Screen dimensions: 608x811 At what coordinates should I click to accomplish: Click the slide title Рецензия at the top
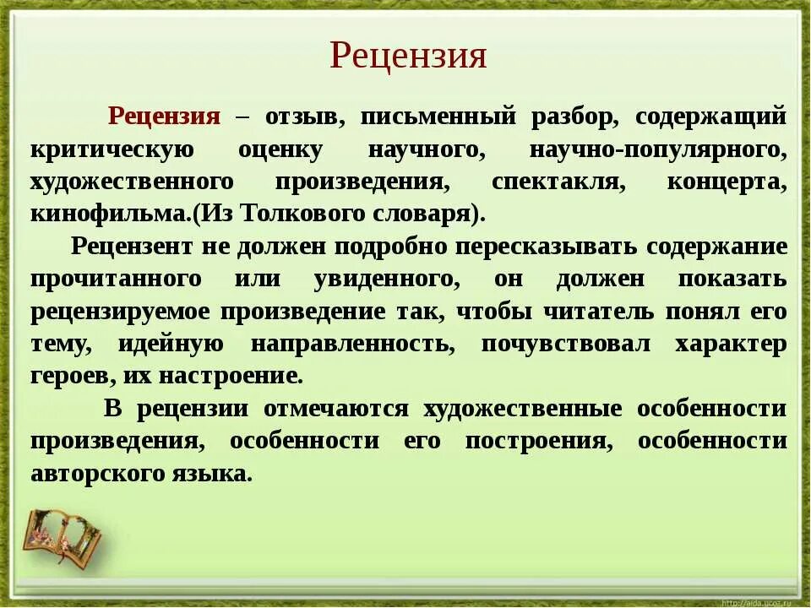(x=408, y=57)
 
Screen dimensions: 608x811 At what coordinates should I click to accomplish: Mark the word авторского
(x=95, y=474)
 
